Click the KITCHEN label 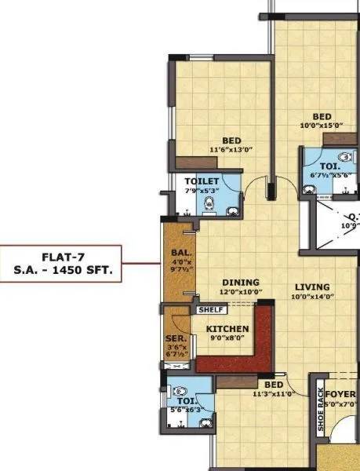coord(227,329)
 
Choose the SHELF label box coord(211,310)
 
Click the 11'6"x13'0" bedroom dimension coord(230,149)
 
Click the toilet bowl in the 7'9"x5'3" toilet coord(209,205)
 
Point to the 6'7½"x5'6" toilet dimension coord(327,176)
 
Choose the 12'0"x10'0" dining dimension coord(240,292)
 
